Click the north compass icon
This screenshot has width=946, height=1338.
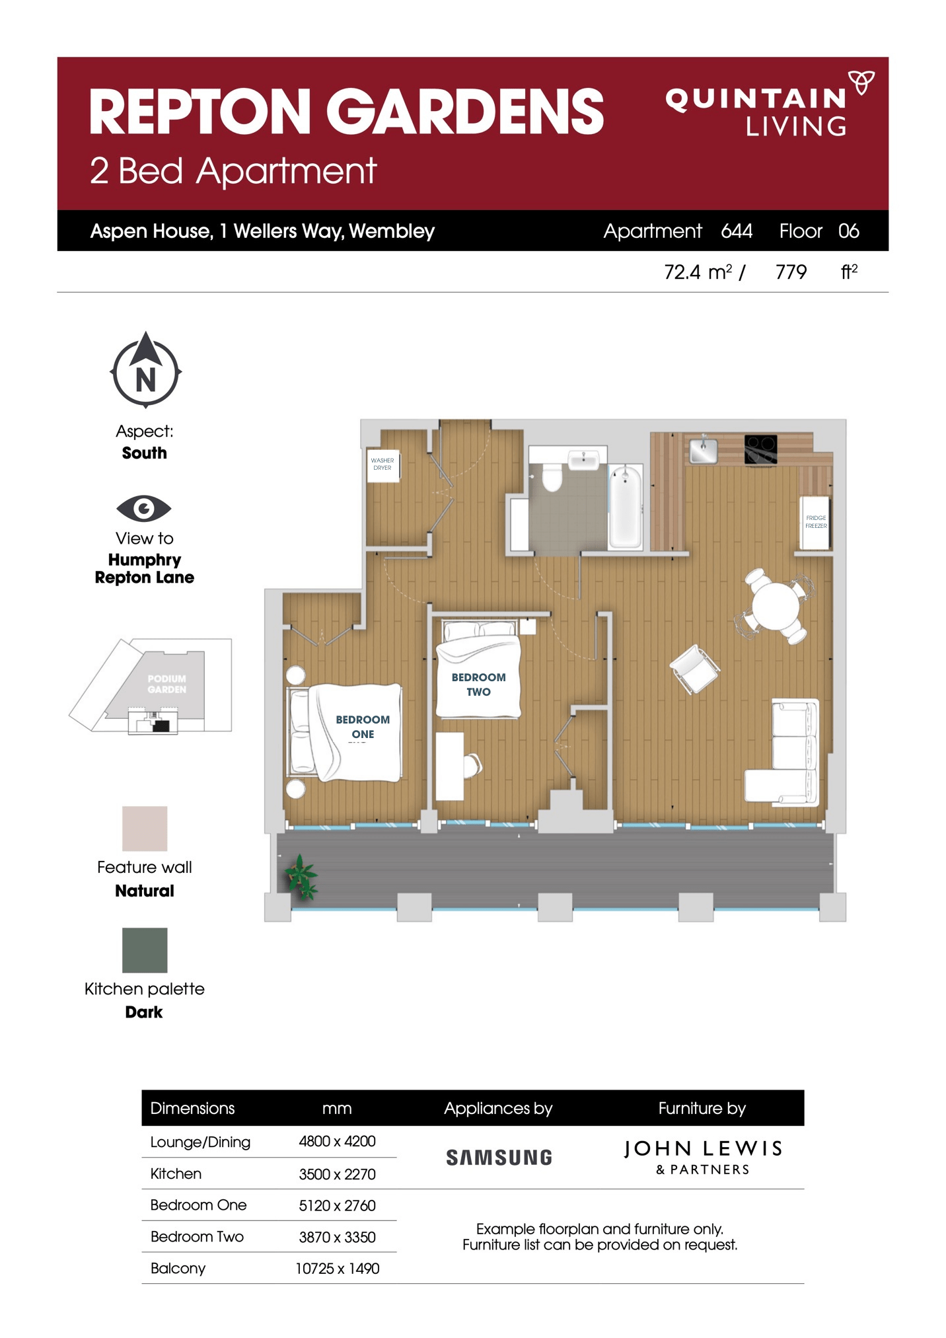(x=145, y=371)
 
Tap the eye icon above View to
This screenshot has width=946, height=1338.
(x=143, y=508)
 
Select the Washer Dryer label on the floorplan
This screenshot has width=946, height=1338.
(x=382, y=464)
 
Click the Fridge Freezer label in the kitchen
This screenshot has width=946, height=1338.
(x=815, y=522)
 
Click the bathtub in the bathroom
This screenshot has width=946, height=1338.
(x=624, y=505)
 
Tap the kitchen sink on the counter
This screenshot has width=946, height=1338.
(x=704, y=450)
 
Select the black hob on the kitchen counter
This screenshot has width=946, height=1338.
(x=760, y=449)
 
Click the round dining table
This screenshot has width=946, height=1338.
(x=775, y=605)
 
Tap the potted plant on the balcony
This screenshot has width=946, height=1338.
(x=301, y=877)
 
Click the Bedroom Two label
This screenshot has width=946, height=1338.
(x=478, y=685)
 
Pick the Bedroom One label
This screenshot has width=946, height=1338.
(x=362, y=726)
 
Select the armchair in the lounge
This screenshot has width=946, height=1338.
(x=694, y=669)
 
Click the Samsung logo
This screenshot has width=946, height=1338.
(x=499, y=1158)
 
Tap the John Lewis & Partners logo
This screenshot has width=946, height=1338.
(x=703, y=1156)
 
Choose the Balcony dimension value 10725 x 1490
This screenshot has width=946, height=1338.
(x=337, y=1269)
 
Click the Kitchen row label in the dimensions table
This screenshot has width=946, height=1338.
(x=176, y=1173)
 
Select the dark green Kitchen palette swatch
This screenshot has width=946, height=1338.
(x=145, y=950)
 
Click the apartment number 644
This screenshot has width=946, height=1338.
(x=737, y=231)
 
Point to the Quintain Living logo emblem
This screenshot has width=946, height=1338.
(x=861, y=83)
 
